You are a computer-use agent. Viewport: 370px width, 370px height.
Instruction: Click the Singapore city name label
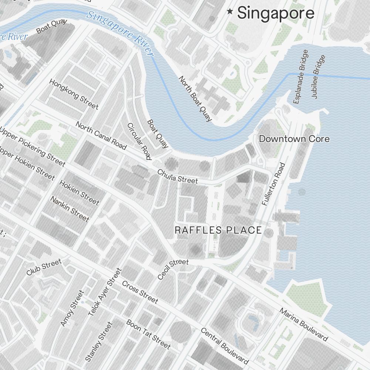click(276, 13)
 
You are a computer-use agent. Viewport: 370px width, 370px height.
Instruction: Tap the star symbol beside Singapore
click(230, 12)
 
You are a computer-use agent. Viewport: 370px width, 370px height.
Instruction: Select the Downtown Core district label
click(294, 139)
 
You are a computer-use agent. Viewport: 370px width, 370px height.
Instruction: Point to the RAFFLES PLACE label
click(218, 230)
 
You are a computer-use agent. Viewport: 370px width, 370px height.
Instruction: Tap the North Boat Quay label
click(195, 99)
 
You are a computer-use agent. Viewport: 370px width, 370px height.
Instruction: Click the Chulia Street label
click(178, 176)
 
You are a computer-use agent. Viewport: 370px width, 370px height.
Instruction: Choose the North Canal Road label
click(101, 135)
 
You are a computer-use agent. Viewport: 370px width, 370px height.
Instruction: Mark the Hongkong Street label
click(74, 94)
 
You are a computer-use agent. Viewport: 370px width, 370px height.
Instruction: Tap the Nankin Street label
click(70, 209)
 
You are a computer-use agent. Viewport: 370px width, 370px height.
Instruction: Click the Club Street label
click(44, 267)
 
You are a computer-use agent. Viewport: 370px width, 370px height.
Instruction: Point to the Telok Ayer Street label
click(105, 292)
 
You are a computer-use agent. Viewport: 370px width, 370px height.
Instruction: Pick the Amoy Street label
click(72, 308)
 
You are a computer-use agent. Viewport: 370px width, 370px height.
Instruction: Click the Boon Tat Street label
click(148, 334)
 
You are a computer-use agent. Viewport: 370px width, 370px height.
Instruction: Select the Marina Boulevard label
click(303, 324)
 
